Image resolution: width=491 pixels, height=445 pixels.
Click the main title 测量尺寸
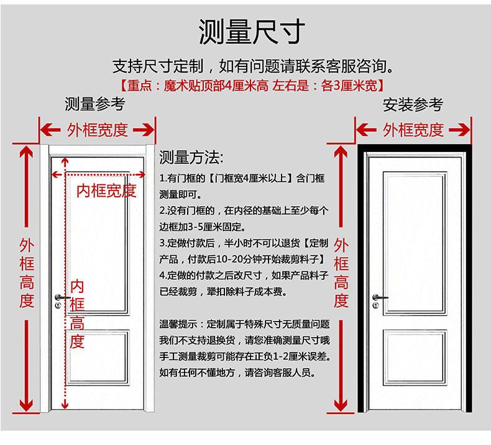pyautogui.click(x=252, y=32)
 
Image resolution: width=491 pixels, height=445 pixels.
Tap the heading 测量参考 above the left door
pyautogui.click(x=95, y=104)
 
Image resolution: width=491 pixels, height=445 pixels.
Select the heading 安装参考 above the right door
pyautogui.click(x=413, y=104)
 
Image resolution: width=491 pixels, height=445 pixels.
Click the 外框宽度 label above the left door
pyautogui.click(x=98, y=130)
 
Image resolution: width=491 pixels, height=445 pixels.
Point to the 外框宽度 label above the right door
pyautogui.click(x=413, y=130)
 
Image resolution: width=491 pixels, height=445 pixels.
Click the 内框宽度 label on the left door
pyautogui.click(x=106, y=191)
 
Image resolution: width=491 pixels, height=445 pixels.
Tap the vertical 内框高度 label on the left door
pyautogui.click(x=77, y=313)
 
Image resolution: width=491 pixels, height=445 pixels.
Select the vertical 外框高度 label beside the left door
pyautogui.click(x=26, y=273)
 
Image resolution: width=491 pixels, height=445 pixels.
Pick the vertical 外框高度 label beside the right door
pyautogui.click(x=341, y=273)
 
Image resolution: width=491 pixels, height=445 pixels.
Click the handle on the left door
pyautogui.click(x=60, y=298)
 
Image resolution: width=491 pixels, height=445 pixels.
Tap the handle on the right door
pyautogui.click(x=377, y=298)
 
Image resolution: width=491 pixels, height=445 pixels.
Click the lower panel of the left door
pyautogui.click(x=98, y=357)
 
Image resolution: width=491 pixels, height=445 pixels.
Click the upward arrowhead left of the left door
pyautogui.click(x=26, y=152)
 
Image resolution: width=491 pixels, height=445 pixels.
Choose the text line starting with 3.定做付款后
pyautogui.click(x=244, y=243)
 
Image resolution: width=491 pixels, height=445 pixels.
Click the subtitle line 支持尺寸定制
pyautogui.click(x=252, y=66)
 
